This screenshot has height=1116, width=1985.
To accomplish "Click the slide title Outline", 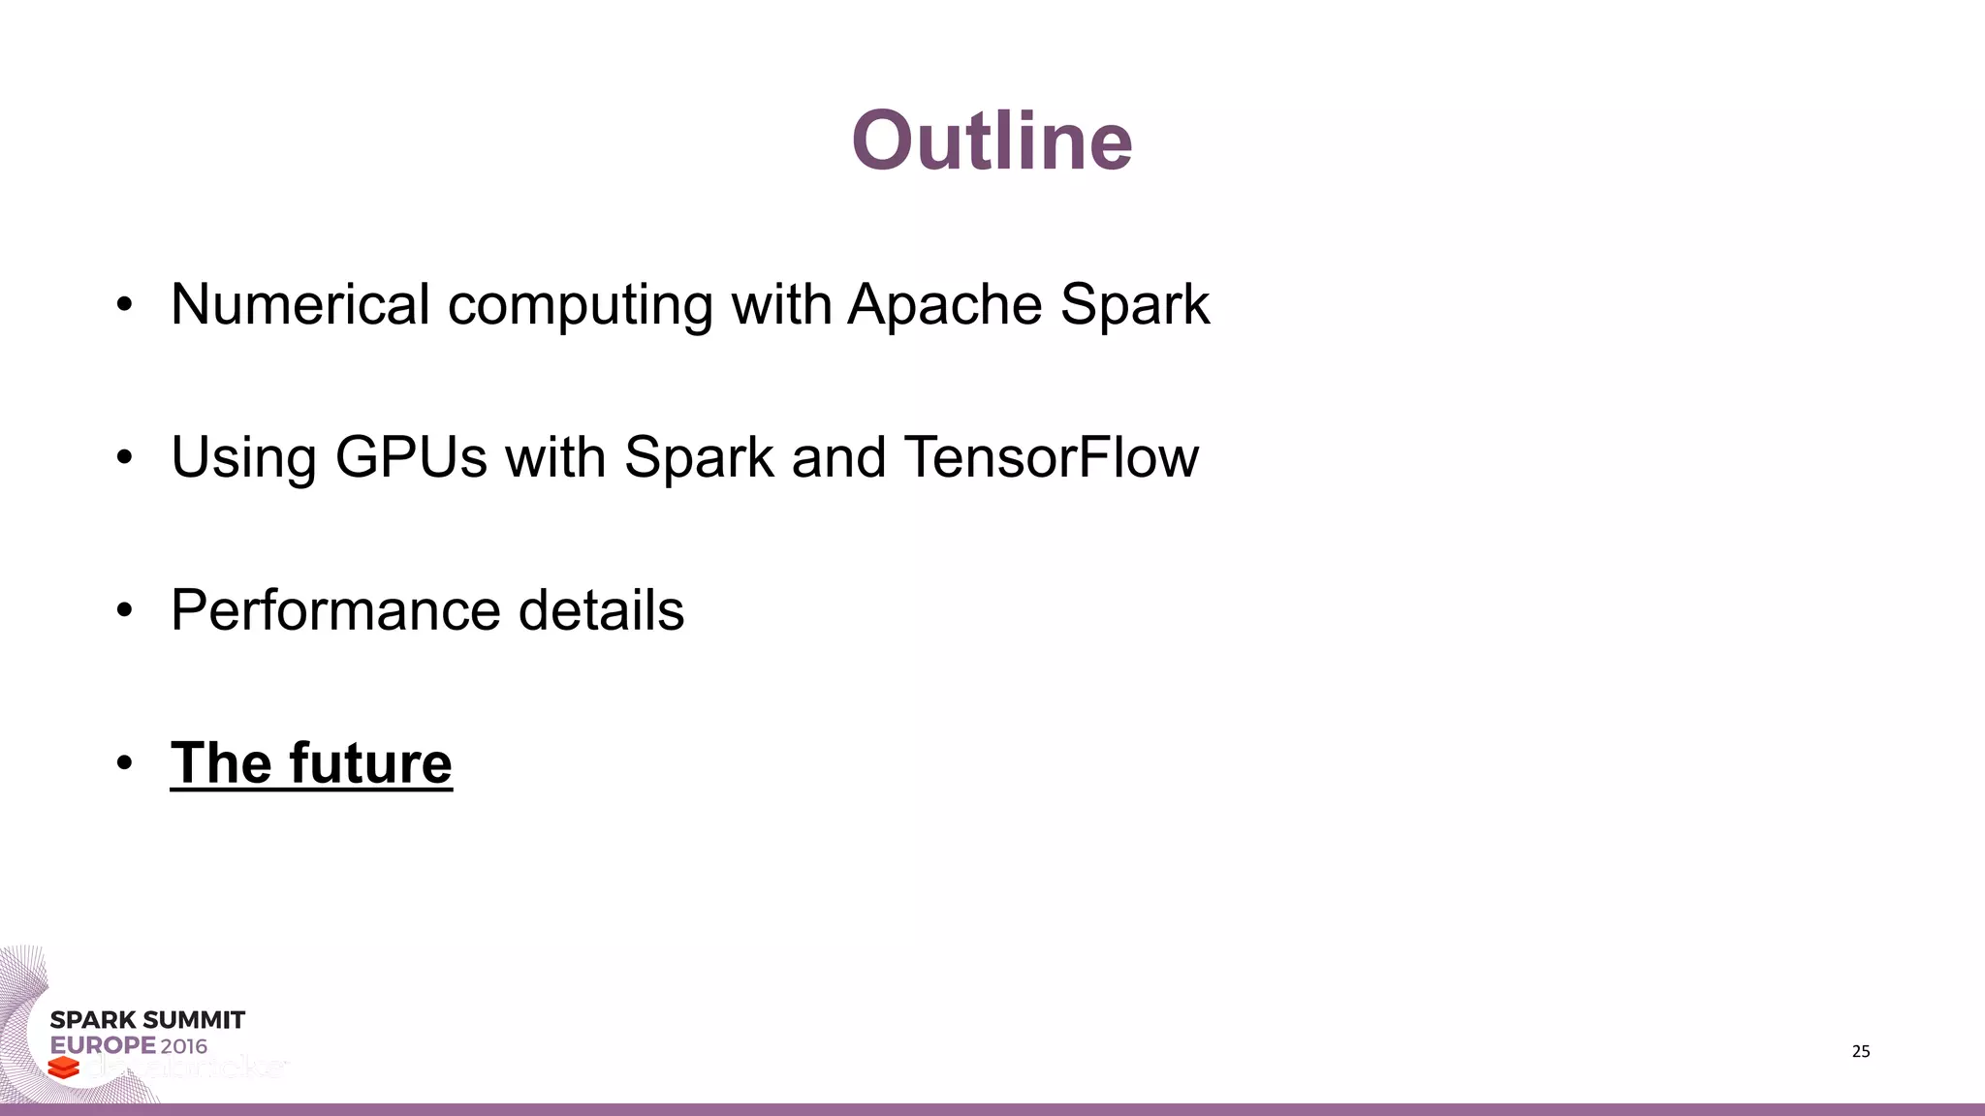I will point(992,141).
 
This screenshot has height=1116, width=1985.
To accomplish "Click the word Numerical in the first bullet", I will point(300,304).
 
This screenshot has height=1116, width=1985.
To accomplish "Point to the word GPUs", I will point(411,457).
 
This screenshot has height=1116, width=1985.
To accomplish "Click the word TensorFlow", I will point(1052,457).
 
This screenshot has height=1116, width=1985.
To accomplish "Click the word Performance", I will point(335,610).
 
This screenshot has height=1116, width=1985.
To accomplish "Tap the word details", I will point(601,610).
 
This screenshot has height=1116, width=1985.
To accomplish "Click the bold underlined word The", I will point(221,763).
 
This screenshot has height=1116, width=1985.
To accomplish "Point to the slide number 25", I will point(1860,1052).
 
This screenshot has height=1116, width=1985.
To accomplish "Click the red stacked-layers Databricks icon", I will point(64,1068).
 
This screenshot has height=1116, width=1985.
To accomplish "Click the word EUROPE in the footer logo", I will point(103,1046).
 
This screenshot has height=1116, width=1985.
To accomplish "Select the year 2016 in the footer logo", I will point(184,1046).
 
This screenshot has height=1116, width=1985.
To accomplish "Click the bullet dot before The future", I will point(123,763).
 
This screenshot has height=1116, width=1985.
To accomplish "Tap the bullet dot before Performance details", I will point(123,611).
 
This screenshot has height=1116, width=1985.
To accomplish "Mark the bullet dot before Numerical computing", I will point(123,305).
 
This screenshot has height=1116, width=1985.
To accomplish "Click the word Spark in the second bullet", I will point(699,457).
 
